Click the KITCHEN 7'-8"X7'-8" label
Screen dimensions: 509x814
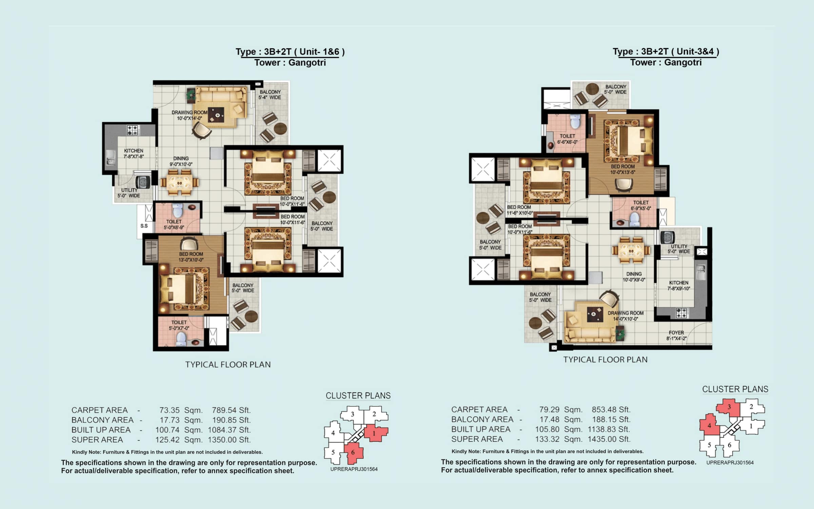[134, 153]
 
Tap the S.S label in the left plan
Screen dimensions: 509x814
[144, 226]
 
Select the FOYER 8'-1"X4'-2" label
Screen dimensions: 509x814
[676, 335]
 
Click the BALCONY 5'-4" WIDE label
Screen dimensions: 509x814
[270, 95]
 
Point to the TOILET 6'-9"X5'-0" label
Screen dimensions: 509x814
[641, 205]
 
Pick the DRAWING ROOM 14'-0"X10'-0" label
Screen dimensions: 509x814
[625, 316]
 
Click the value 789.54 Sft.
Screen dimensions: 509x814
[231, 410]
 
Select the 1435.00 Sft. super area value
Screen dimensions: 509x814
[609, 439]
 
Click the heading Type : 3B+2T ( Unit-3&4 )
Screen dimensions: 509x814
[666, 52]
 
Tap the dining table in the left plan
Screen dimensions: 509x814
[179, 183]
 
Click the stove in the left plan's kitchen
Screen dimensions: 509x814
[133, 130]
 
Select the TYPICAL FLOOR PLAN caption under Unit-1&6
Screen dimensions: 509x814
[228, 364]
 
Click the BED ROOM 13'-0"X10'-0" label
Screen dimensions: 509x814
[191, 257]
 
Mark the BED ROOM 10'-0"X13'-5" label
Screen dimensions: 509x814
[623, 169]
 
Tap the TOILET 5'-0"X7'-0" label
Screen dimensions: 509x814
[179, 325]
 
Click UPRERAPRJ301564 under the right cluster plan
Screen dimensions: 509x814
[730, 463]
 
